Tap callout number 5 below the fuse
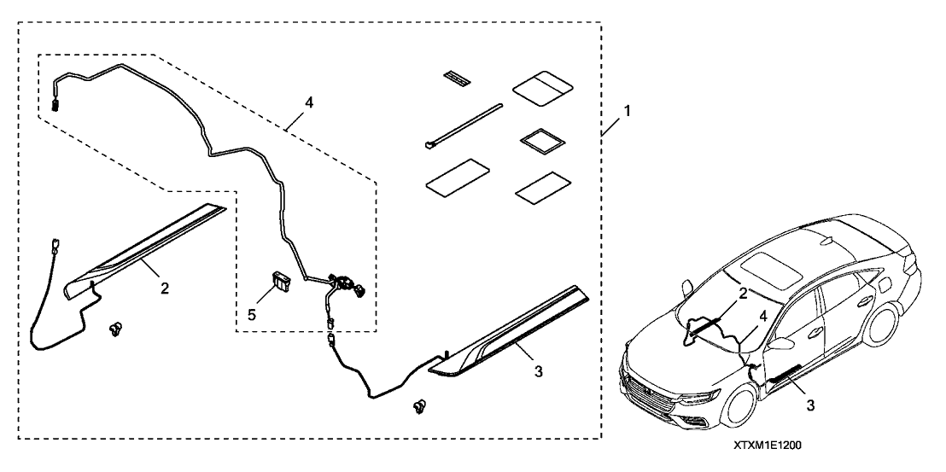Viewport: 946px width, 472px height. click(250, 313)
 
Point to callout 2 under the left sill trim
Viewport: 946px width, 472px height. click(164, 288)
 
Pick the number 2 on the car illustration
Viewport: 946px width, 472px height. click(743, 294)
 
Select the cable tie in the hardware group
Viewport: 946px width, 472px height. click(461, 126)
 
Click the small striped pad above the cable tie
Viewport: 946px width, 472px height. click(457, 79)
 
